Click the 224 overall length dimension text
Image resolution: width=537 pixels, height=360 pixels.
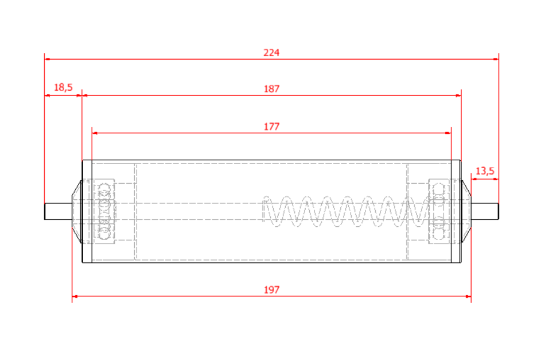[x=271, y=52]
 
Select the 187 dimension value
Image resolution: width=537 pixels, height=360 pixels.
[x=271, y=89]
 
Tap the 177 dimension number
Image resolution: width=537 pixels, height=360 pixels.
[x=271, y=126]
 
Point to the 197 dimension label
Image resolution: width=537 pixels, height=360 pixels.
[x=271, y=290]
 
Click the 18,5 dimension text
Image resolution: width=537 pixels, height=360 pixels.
[x=63, y=87]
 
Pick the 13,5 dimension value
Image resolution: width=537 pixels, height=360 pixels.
[x=485, y=171]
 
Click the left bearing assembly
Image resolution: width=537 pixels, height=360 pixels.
[x=104, y=211]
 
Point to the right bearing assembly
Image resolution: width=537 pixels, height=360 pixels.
[x=439, y=211]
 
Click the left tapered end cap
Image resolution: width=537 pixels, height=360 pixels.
[x=77, y=211]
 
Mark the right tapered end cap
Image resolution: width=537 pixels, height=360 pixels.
[x=466, y=211]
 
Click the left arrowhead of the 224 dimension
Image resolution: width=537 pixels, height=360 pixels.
[x=47, y=59]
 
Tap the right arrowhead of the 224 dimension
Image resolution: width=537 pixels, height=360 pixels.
[x=496, y=59]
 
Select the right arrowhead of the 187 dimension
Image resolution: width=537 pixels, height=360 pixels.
[x=458, y=96]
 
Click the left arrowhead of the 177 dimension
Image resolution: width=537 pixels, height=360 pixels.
[x=95, y=133]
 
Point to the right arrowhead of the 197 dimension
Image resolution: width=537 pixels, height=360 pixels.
[x=468, y=296]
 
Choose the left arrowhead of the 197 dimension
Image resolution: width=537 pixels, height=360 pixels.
[x=75, y=296]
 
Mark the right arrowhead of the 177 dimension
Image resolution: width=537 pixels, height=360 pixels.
[x=448, y=133]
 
